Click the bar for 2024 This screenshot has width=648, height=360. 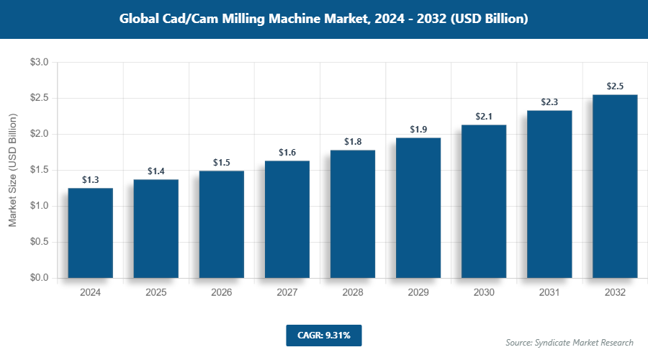(x=91, y=233)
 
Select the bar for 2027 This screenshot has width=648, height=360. (x=287, y=219)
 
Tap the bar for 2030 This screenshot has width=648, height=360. (x=484, y=201)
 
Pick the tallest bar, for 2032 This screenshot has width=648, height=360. (x=615, y=186)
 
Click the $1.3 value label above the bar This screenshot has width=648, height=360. (x=91, y=179)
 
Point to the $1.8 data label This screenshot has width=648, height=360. (x=353, y=141)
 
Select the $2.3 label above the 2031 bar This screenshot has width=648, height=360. (x=549, y=102)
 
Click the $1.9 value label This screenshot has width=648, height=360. (x=418, y=129)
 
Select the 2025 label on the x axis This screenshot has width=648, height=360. (x=156, y=292)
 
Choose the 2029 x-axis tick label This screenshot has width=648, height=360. (x=418, y=292)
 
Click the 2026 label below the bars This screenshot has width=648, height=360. (x=222, y=292)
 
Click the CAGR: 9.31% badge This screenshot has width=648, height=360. (x=323, y=335)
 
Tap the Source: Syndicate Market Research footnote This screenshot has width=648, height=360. (x=570, y=342)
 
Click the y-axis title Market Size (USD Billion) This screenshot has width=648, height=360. (x=12, y=170)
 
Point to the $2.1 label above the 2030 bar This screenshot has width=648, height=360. (x=484, y=116)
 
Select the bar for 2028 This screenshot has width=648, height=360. (x=353, y=213)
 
